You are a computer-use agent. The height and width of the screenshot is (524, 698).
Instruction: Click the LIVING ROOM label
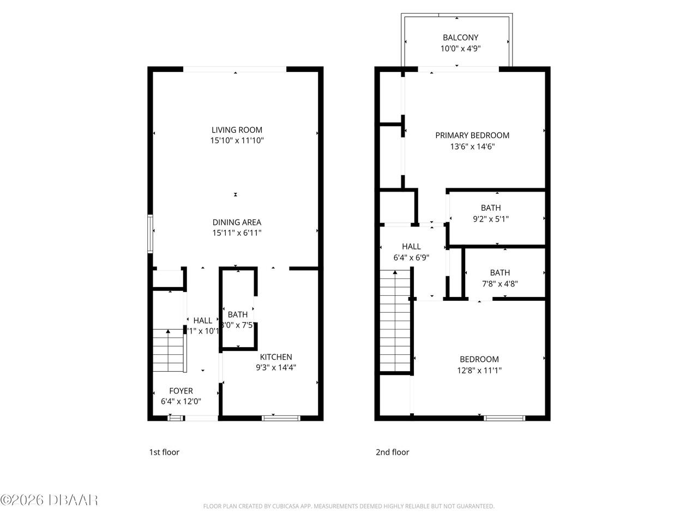(237, 130)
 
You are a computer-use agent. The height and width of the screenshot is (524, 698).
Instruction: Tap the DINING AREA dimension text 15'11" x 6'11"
(237, 233)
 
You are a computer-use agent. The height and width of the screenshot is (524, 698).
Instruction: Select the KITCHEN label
(275, 357)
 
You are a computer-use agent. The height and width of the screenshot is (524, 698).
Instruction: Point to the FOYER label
(180, 391)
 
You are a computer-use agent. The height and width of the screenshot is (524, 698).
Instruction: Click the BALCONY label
(460, 38)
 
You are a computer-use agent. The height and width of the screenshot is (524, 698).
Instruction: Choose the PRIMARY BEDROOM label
(472, 135)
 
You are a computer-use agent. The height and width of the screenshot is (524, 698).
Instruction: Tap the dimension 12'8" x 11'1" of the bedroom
(479, 370)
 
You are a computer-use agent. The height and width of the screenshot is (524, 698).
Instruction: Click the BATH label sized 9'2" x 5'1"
(490, 208)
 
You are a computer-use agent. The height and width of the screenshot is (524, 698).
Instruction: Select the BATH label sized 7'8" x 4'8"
(500, 273)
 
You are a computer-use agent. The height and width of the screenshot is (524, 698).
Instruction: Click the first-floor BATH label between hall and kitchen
(237, 314)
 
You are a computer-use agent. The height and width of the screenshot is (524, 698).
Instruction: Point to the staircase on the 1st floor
(168, 350)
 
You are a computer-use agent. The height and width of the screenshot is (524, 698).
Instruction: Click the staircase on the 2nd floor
(395, 322)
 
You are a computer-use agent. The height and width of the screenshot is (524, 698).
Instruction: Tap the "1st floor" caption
(164, 452)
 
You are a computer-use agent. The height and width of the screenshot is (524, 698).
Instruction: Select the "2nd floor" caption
(392, 452)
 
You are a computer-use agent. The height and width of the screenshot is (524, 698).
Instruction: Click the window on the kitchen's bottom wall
(280, 418)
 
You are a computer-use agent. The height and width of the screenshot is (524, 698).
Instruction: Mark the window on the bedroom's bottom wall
(504, 418)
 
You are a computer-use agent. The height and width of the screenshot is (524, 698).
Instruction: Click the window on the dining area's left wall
(150, 234)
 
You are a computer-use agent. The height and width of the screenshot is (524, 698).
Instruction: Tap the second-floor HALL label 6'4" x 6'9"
(411, 247)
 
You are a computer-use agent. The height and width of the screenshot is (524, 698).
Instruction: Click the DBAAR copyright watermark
(49, 499)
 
